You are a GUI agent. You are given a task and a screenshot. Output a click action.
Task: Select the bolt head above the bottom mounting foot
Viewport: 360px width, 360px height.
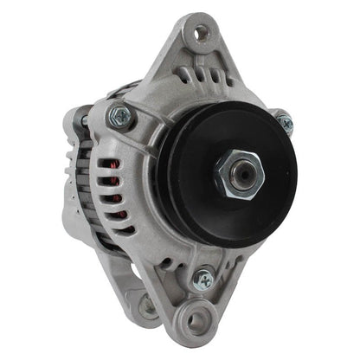pos(204,278)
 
